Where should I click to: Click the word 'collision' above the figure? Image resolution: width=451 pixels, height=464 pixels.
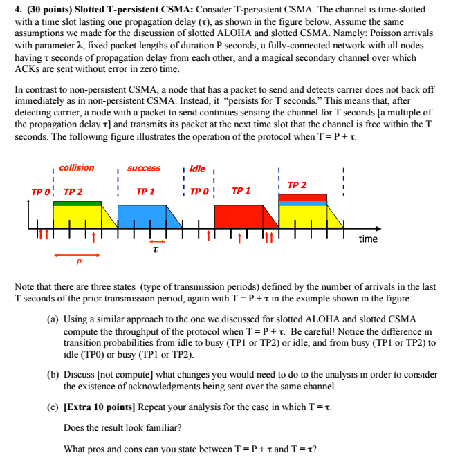point(76,168)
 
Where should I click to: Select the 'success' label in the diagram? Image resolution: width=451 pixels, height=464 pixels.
point(144,168)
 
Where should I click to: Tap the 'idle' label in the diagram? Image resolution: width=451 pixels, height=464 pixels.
point(197,169)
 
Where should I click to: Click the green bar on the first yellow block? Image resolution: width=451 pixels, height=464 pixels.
point(77,203)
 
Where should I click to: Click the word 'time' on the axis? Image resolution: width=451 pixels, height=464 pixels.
point(368,239)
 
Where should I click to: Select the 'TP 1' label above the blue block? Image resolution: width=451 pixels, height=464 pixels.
point(145,191)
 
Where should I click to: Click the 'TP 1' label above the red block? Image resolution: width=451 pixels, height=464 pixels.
point(241,190)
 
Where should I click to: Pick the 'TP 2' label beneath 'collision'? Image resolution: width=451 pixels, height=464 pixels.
point(73,191)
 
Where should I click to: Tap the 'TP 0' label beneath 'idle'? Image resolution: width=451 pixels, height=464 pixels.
point(199,191)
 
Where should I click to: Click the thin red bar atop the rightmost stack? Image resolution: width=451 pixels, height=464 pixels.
point(302,196)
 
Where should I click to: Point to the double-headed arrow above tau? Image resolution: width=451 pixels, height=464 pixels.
point(155,240)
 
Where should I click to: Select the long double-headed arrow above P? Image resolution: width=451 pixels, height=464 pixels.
point(77,254)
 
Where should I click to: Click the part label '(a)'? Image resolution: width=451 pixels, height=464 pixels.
point(53,319)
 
